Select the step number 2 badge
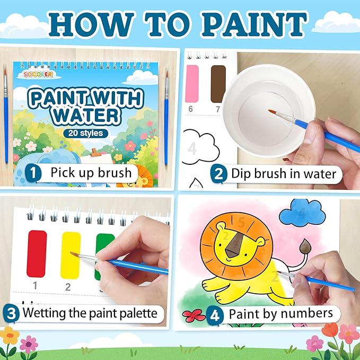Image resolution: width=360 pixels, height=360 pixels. pos(217,173)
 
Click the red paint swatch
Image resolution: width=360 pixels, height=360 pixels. pos(37,253)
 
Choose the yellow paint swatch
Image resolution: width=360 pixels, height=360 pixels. pos(70,254)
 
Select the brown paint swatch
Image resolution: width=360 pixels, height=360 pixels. pos(218,83)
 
